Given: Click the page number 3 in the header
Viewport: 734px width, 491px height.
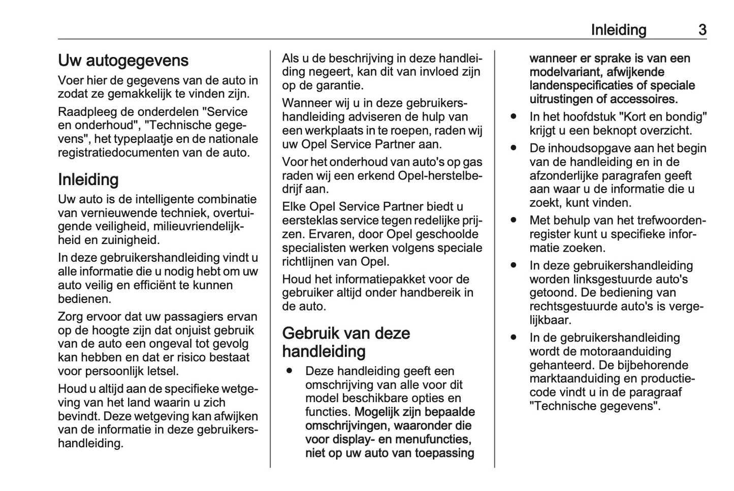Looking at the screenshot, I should tap(702, 30).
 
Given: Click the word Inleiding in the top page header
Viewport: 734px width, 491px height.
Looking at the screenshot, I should tap(618, 30).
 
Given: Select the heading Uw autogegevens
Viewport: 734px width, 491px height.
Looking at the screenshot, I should tap(123, 60).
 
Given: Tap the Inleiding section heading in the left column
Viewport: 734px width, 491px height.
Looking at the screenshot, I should tap(88, 179).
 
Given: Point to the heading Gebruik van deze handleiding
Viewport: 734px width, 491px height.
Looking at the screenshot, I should tap(346, 342).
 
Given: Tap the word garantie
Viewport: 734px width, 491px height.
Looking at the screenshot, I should tap(335, 85).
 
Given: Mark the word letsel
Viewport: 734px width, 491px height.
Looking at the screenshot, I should tap(161, 371).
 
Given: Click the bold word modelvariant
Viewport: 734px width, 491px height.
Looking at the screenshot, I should tap(565, 72).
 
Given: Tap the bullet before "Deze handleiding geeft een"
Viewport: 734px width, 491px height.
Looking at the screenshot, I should tap(290, 371).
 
